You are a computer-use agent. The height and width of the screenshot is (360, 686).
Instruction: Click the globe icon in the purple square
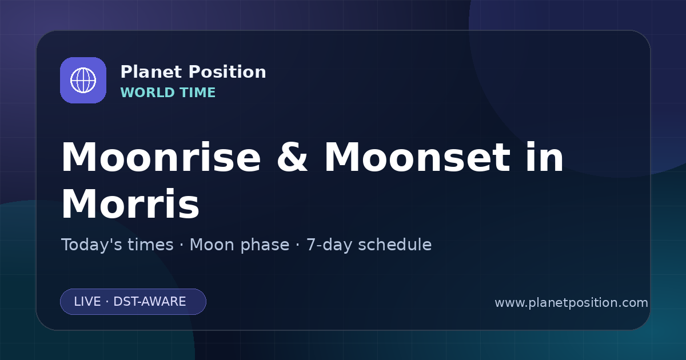(83, 80)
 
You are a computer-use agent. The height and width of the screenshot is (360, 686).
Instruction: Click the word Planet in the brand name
(151, 72)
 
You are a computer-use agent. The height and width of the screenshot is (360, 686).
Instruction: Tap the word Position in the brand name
(228, 72)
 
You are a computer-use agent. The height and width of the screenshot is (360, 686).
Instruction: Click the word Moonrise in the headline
(161, 157)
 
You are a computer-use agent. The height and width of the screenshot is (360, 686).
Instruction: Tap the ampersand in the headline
(292, 157)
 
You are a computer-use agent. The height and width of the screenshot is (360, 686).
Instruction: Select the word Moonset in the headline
(417, 157)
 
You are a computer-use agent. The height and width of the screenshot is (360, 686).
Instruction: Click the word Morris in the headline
(130, 204)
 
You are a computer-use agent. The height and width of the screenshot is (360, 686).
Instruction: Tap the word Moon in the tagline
(212, 245)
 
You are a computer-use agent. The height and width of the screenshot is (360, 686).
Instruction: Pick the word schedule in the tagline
(395, 245)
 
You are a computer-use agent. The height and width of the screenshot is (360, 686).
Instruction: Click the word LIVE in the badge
(87, 302)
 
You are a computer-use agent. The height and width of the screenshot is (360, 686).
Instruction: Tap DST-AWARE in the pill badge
(150, 302)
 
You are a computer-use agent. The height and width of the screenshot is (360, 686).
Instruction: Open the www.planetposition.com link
(572, 303)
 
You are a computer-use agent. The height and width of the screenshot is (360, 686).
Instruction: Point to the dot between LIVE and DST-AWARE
(107, 302)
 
